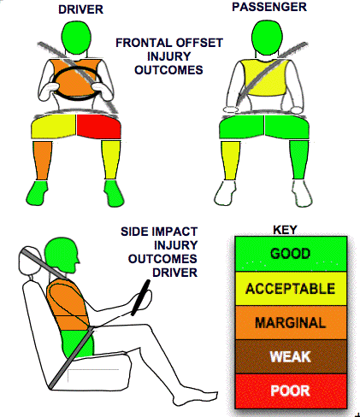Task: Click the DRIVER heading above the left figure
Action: click(x=80, y=9)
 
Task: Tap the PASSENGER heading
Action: click(x=269, y=7)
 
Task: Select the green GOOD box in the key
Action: click(x=291, y=254)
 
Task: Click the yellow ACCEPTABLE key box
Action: click(x=291, y=289)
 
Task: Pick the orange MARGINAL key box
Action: click(x=291, y=322)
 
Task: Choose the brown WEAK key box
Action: click(x=291, y=356)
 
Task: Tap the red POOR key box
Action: click(x=291, y=391)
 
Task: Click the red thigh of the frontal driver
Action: click(x=98, y=126)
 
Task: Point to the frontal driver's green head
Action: click(x=76, y=38)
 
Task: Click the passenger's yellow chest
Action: click(x=263, y=77)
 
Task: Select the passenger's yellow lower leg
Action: click(x=230, y=160)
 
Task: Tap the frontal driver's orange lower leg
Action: click(x=42, y=161)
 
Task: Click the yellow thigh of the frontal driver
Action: click(x=54, y=126)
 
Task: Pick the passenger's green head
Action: click(x=267, y=37)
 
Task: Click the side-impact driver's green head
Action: click(x=62, y=255)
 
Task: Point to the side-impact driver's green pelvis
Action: click(x=78, y=344)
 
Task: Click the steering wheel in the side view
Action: click(x=140, y=297)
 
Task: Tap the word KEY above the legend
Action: click(x=285, y=230)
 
